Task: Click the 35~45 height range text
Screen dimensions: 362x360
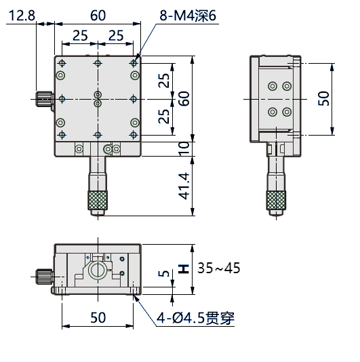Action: (219, 268)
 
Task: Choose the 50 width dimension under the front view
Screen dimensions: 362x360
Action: (98, 317)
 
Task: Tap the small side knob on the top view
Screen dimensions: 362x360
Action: (45, 99)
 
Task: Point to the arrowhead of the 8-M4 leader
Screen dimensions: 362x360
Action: (137, 59)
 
